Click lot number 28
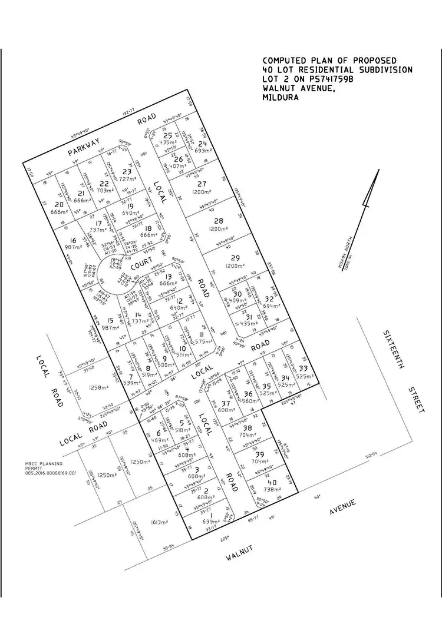(x=219, y=220)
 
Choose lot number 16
(x=73, y=240)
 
